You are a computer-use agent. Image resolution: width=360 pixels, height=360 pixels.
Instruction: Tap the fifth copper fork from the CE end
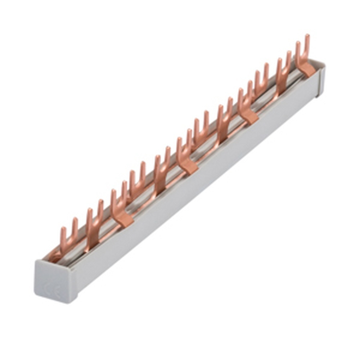click(x=162, y=167)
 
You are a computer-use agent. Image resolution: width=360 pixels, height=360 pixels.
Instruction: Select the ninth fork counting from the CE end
click(x=245, y=101)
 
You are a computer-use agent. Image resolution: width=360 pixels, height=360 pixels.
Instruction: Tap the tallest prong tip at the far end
click(x=307, y=37)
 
